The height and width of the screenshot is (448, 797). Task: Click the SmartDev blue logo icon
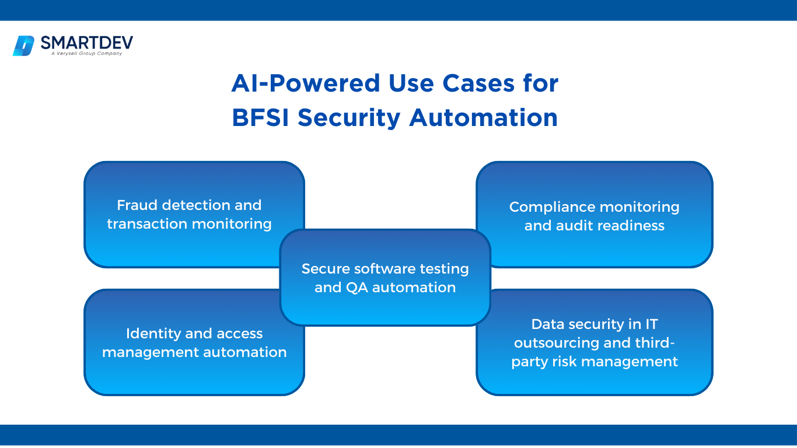tap(24, 45)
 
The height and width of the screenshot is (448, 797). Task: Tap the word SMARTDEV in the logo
tap(86, 43)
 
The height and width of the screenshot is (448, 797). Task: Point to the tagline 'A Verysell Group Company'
tap(86, 54)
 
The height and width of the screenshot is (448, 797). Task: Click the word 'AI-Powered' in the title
tap(297, 83)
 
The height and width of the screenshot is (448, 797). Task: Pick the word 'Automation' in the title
tap(483, 117)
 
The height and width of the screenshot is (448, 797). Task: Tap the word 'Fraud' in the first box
tap(138, 205)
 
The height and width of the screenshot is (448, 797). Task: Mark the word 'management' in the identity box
tap(142, 352)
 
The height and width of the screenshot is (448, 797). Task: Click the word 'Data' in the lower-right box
tap(546, 324)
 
